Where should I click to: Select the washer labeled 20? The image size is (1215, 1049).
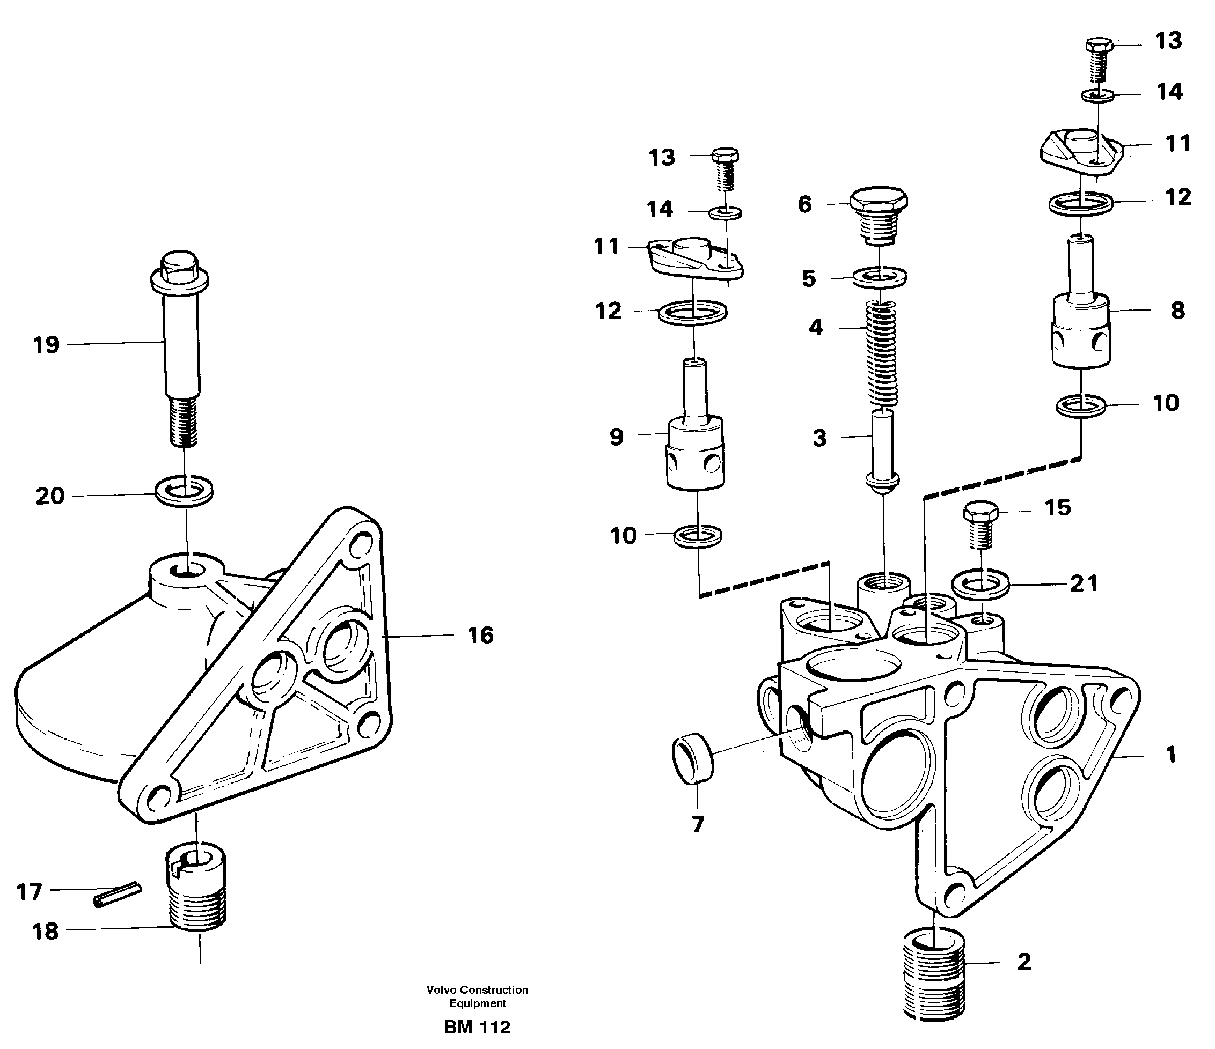184,491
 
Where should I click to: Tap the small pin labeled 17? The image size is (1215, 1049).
118,895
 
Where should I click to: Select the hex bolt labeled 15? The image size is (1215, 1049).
980,523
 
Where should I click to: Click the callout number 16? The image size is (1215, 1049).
481,636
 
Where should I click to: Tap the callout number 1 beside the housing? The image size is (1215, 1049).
1170,754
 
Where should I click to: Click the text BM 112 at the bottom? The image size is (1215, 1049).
477,1028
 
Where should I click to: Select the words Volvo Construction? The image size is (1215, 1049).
477,990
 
